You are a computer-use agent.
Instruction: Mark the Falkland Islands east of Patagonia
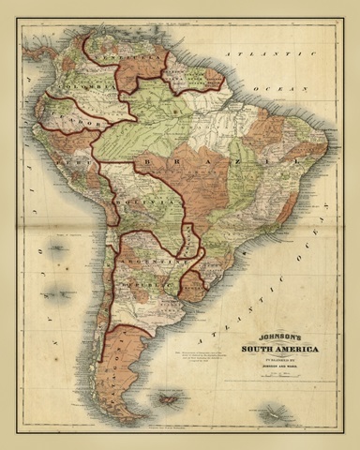171,400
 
